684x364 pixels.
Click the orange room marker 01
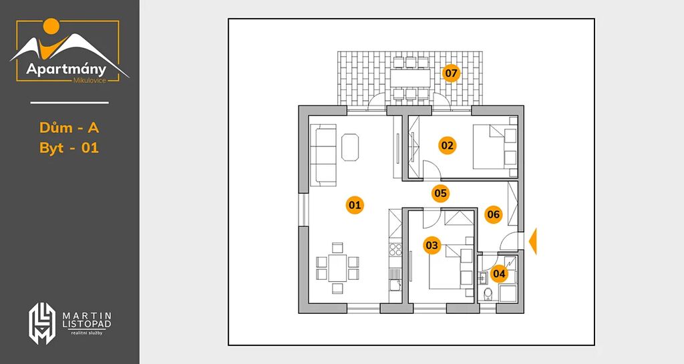(355, 205)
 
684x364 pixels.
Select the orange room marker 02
(447, 145)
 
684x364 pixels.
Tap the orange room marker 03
(432, 245)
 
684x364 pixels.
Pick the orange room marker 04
(499, 274)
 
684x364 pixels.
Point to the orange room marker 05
(441, 193)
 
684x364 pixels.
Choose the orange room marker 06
(494, 214)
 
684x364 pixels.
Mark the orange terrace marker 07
(451, 73)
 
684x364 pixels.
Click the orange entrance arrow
(532, 241)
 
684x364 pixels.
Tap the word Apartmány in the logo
(66, 69)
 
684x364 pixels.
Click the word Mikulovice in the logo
(90, 80)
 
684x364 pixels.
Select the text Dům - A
(69, 128)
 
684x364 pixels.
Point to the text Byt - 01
(69, 148)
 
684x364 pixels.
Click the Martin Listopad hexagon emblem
(42, 323)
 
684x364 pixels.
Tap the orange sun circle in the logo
(51, 26)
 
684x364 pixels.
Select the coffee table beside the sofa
(350, 148)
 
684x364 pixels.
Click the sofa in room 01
(323, 155)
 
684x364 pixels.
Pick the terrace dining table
(410, 78)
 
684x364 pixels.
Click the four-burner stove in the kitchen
(395, 250)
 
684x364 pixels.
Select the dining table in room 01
(337, 268)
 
